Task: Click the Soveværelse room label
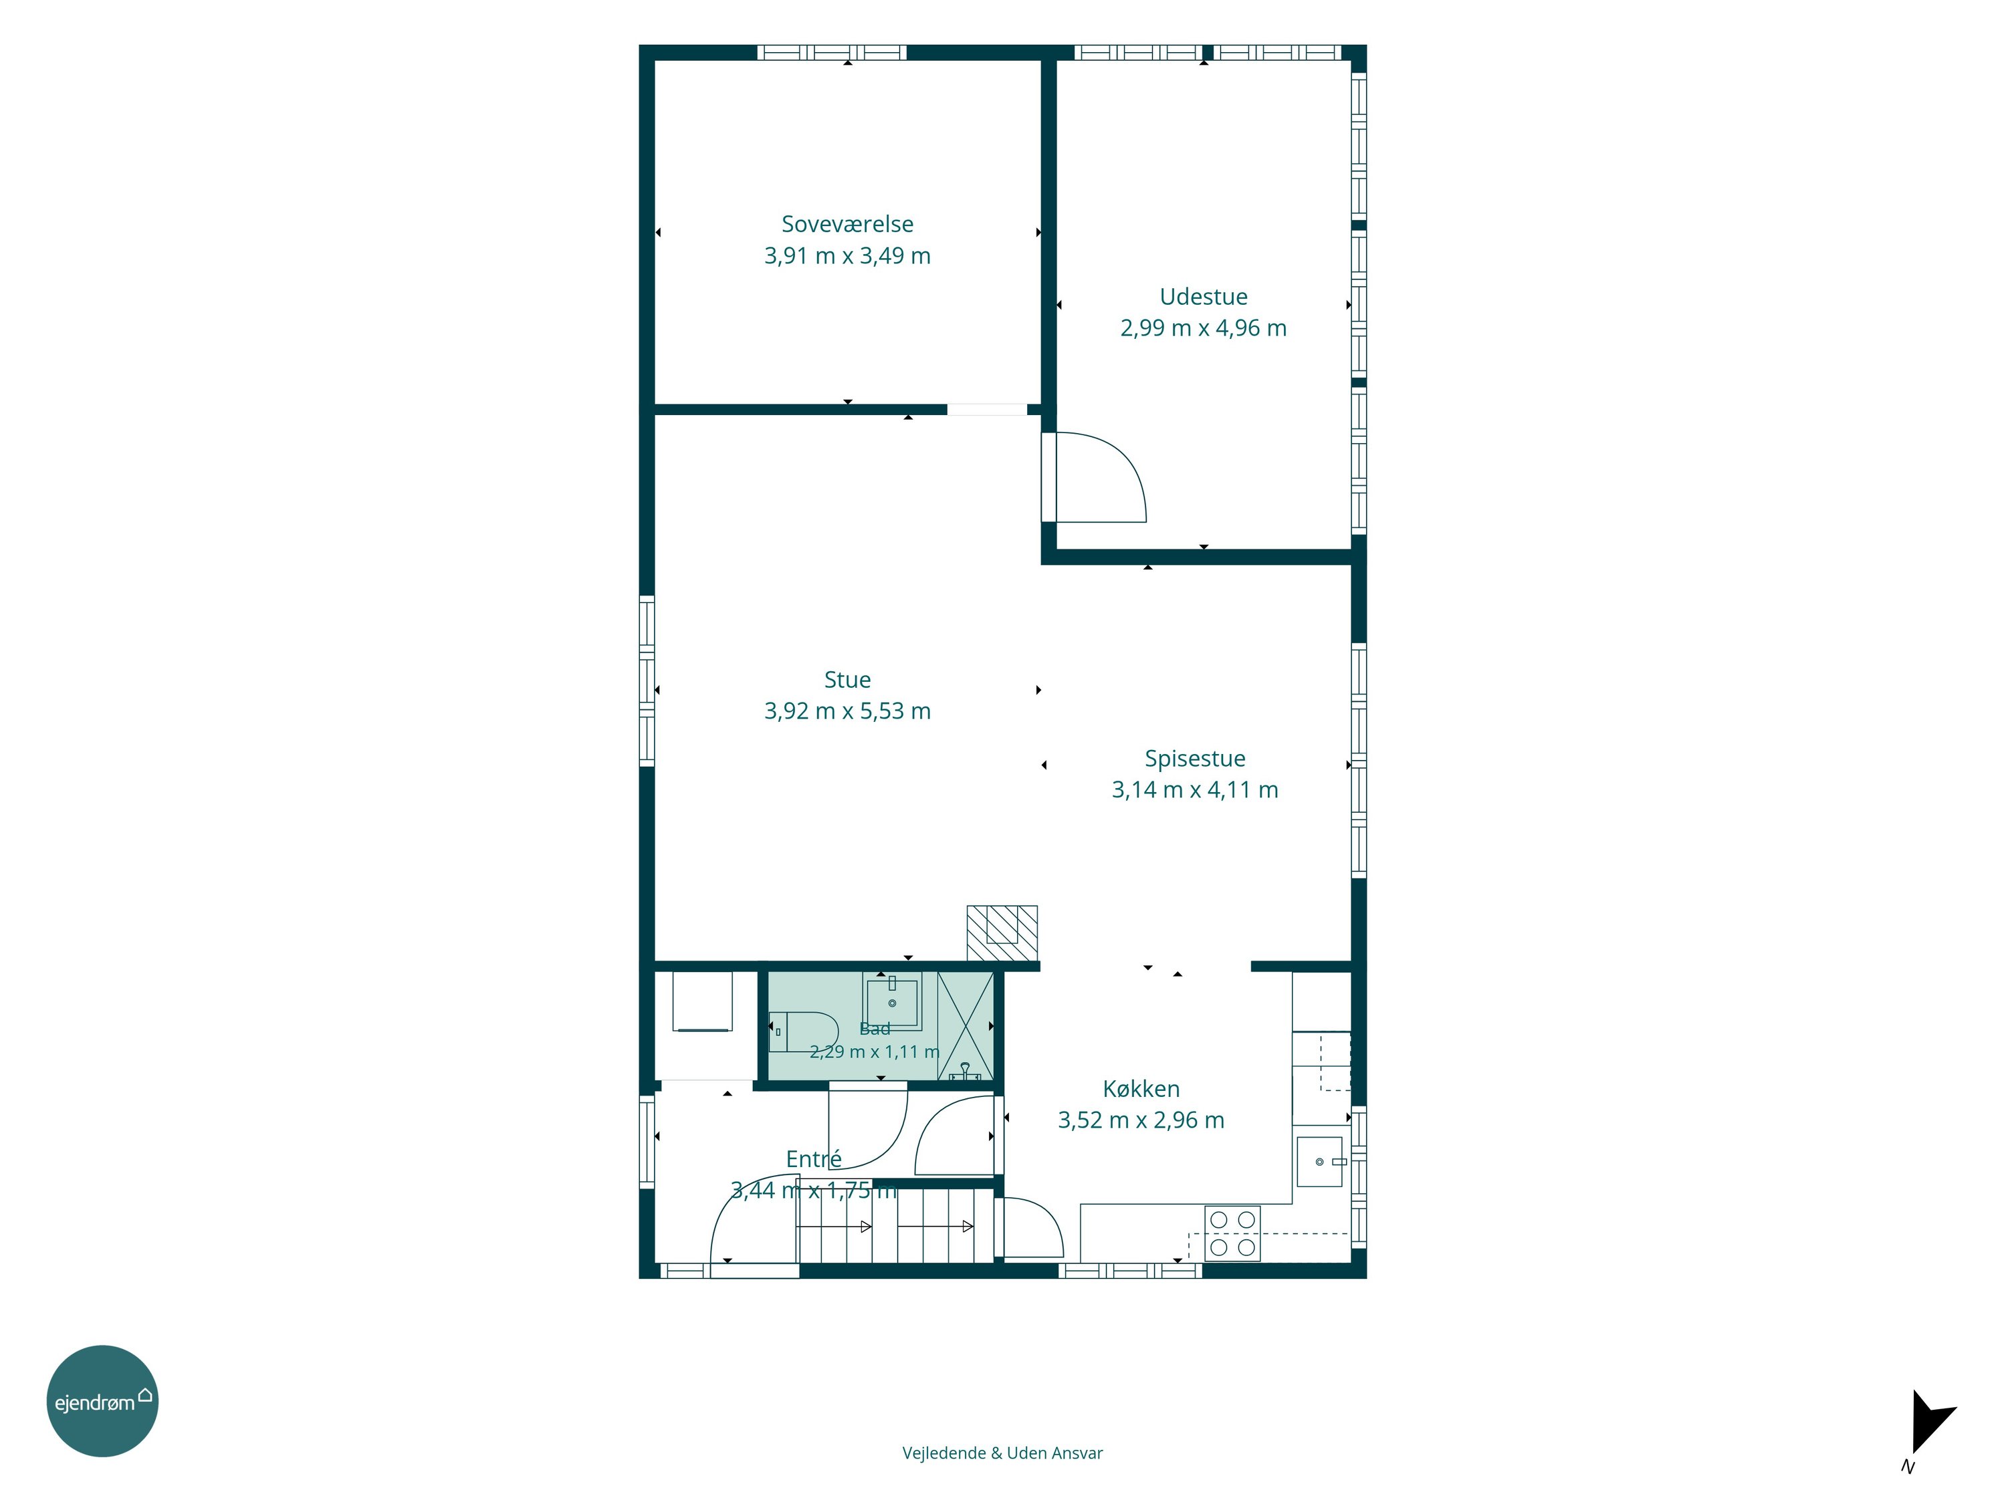847,224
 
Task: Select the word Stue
847,680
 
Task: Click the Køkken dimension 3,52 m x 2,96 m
1141,1120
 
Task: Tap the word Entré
814,1158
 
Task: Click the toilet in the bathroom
804,1031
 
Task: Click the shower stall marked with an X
965,1026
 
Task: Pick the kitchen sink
1321,1161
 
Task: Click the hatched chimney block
1002,933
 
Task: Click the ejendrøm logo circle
102,1400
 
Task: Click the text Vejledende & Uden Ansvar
1002,1453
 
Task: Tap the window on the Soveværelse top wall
832,53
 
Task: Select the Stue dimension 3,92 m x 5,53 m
847,712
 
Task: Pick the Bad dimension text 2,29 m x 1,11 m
874,1051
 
